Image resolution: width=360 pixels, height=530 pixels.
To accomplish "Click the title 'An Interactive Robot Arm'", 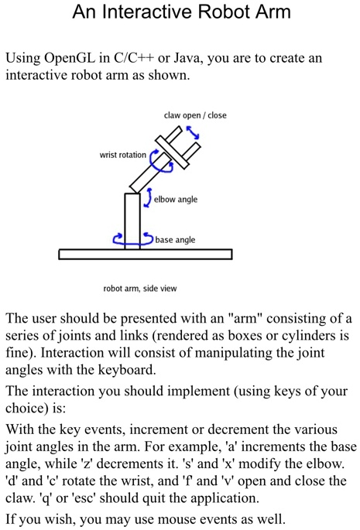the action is [181, 12].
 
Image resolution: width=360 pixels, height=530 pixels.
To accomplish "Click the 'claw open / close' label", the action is [195, 115].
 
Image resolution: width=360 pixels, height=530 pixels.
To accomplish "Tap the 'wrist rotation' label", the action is [123, 155].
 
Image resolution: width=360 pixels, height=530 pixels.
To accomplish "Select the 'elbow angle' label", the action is [176, 200].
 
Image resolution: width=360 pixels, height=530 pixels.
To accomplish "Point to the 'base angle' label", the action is [175, 240].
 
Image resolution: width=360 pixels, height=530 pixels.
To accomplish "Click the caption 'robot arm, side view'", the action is [140, 289].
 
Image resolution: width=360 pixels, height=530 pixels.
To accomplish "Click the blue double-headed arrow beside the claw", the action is [193, 132].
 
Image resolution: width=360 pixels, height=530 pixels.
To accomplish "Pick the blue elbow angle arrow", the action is [148, 198].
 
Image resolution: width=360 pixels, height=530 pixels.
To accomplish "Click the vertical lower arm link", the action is [132, 221].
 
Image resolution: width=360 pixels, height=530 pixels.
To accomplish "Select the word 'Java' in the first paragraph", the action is [187, 58].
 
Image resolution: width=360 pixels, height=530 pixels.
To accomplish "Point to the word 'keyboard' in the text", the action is [126, 370].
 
